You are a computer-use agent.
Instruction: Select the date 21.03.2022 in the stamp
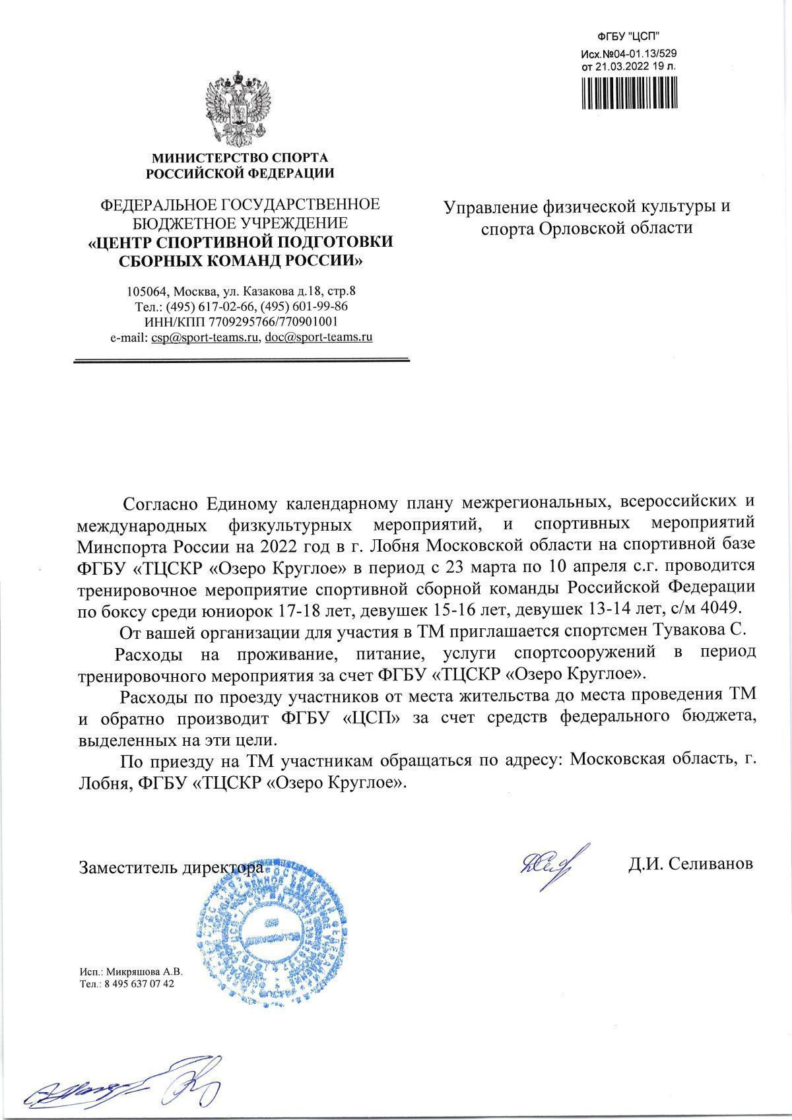[x=624, y=66]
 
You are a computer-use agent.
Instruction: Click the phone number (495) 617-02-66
[x=208, y=307]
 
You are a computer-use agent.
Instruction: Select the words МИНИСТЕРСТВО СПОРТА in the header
[x=240, y=158]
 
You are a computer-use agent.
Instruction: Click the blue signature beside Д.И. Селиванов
[x=548, y=861]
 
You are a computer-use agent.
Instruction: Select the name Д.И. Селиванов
[x=690, y=864]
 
